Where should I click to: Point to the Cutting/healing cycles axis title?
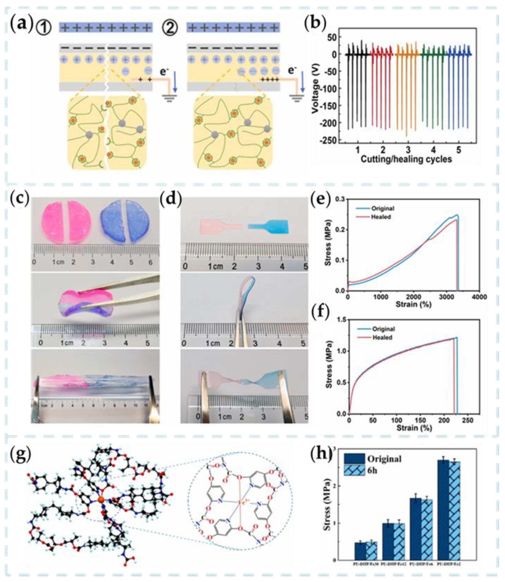coord(406,159)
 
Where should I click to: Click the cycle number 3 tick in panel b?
coord(408,150)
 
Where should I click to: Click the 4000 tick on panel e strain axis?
coord(479,297)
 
